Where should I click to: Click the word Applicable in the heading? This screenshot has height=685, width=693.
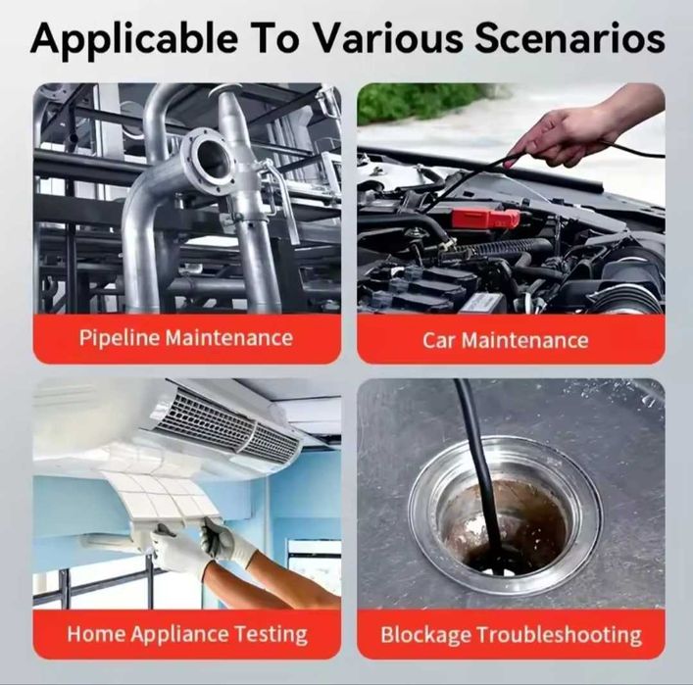click(x=134, y=38)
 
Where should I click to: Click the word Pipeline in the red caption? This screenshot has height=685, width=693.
click(x=120, y=338)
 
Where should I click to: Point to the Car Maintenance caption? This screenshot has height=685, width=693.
click(x=505, y=340)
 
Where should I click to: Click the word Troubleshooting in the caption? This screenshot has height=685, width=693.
click(x=559, y=635)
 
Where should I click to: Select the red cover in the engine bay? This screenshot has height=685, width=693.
click(x=485, y=219)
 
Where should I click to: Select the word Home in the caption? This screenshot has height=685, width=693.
click(x=95, y=634)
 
